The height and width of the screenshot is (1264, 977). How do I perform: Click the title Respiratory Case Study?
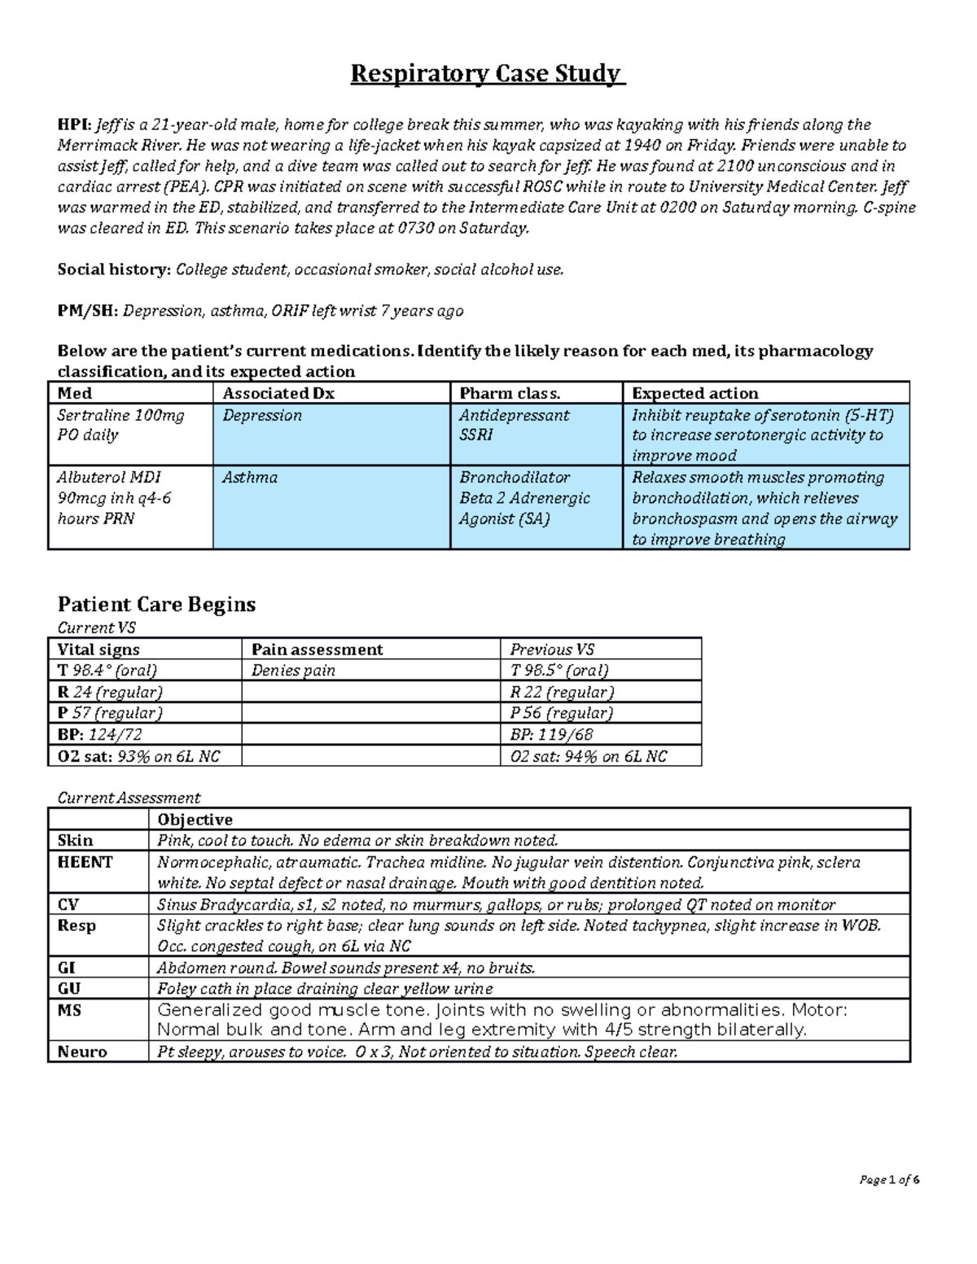click(x=488, y=74)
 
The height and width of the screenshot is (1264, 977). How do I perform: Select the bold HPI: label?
click(x=74, y=125)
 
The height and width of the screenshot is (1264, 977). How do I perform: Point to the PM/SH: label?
click(x=88, y=311)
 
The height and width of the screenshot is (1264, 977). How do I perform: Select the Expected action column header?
click(x=694, y=393)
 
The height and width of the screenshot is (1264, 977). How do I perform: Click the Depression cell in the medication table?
click(x=262, y=415)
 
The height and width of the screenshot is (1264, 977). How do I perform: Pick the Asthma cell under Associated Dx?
click(x=250, y=478)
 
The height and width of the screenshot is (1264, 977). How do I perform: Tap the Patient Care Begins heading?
click(x=156, y=604)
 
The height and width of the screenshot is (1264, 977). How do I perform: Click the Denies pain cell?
click(x=293, y=671)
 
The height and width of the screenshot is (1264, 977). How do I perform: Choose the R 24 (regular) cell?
click(x=109, y=692)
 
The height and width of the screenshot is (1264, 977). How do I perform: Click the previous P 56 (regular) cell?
click(x=562, y=713)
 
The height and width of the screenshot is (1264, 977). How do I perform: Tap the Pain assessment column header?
click(x=317, y=649)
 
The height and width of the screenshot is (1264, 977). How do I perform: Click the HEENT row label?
click(x=85, y=862)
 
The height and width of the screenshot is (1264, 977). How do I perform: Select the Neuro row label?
click(x=82, y=1052)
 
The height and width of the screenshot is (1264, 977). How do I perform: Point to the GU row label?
click(x=69, y=989)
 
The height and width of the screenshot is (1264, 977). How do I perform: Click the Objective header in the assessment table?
click(x=195, y=820)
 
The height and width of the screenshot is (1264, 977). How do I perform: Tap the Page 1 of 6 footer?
click(x=889, y=1180)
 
